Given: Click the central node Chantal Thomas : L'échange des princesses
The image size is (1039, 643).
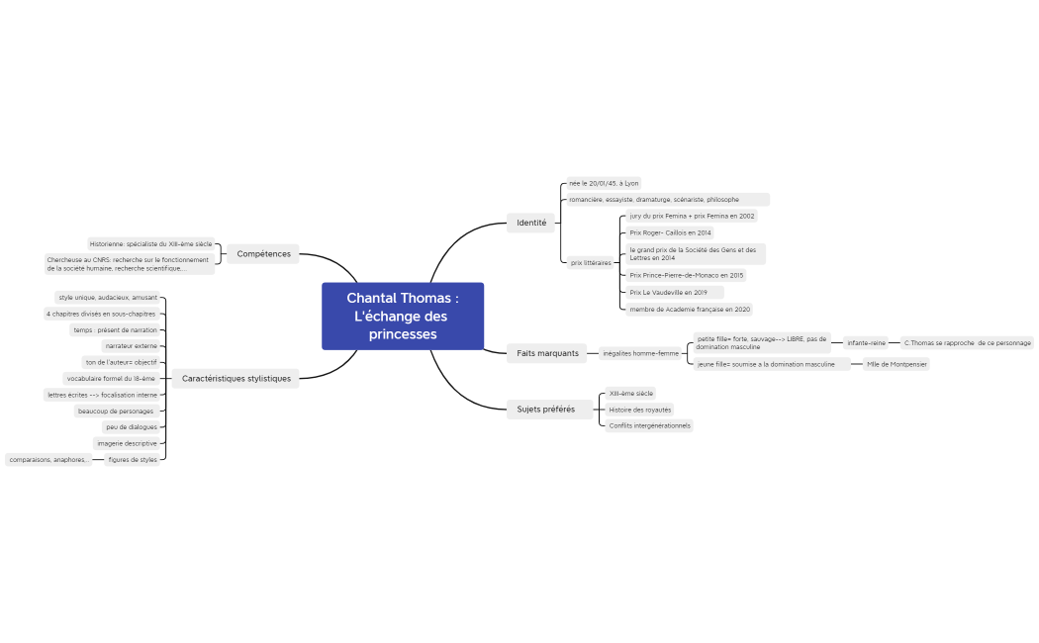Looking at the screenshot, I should point(402,316).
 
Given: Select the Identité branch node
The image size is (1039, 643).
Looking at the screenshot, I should point(531,223).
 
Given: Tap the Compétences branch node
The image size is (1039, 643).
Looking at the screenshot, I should point(263,253).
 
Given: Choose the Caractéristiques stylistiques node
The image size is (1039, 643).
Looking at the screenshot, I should point(236,378).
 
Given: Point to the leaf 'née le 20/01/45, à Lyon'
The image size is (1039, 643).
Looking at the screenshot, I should point(604,183).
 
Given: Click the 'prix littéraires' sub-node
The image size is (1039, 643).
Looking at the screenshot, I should point(591,263).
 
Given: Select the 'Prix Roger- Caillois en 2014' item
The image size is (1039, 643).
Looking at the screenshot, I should point(670,232).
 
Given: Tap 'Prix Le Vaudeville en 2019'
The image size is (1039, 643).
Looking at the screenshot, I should point(668,293).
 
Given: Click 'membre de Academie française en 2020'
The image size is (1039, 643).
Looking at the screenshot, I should point(689,309).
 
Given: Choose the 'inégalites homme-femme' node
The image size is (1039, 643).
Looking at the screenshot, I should point(640,353).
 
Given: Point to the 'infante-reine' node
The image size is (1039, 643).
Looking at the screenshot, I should point(866,343).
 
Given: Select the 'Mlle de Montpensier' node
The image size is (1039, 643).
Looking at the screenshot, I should point(897,364).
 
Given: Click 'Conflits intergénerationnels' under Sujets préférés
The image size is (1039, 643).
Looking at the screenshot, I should point(649,425).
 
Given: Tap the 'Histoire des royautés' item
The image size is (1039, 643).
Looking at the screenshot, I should point(639,410).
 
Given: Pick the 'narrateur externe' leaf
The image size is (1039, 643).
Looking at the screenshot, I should point(131,346).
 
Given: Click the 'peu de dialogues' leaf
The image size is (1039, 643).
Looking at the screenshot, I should point(131,427).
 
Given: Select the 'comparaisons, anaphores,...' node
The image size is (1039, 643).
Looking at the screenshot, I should point(48,460).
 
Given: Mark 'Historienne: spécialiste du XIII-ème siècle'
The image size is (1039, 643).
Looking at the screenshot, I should point(150,243).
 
